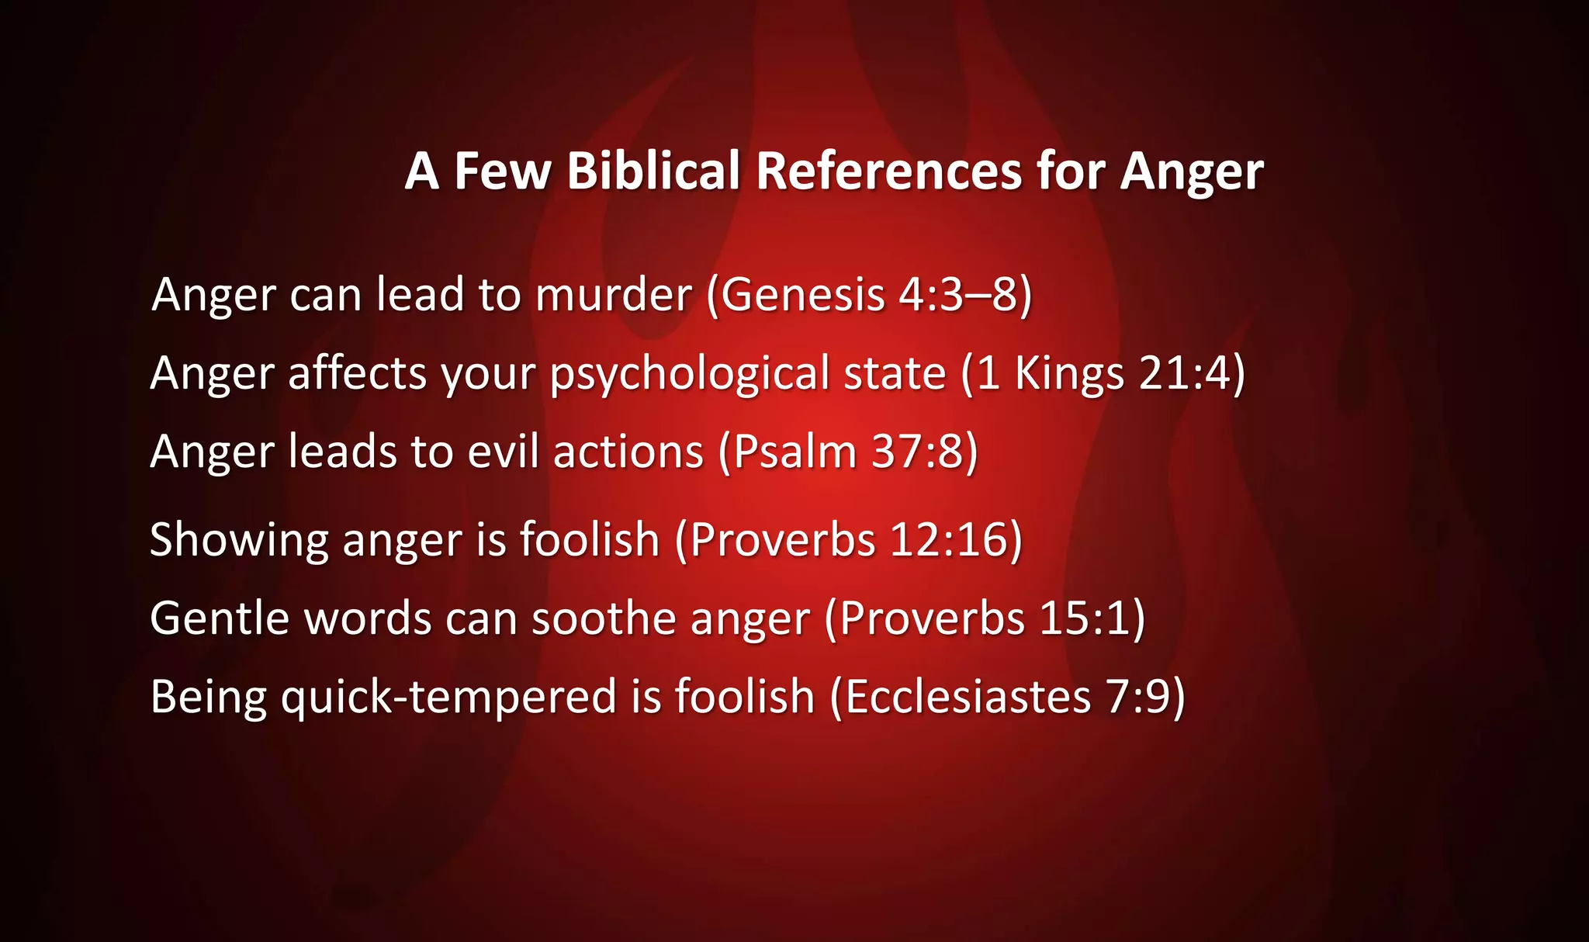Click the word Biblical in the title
(653, 171)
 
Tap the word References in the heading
(888, 171)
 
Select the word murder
(614, 295)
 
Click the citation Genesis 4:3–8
(869, 295)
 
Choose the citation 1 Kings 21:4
(1103, 374)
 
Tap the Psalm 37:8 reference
(848, 452)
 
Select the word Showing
(239, 539)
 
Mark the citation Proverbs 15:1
(985, 618)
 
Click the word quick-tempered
(449, 696)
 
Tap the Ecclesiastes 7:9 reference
(1007, 696)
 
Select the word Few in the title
(502, 171)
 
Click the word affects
(358, 374)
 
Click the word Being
(209, 696)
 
